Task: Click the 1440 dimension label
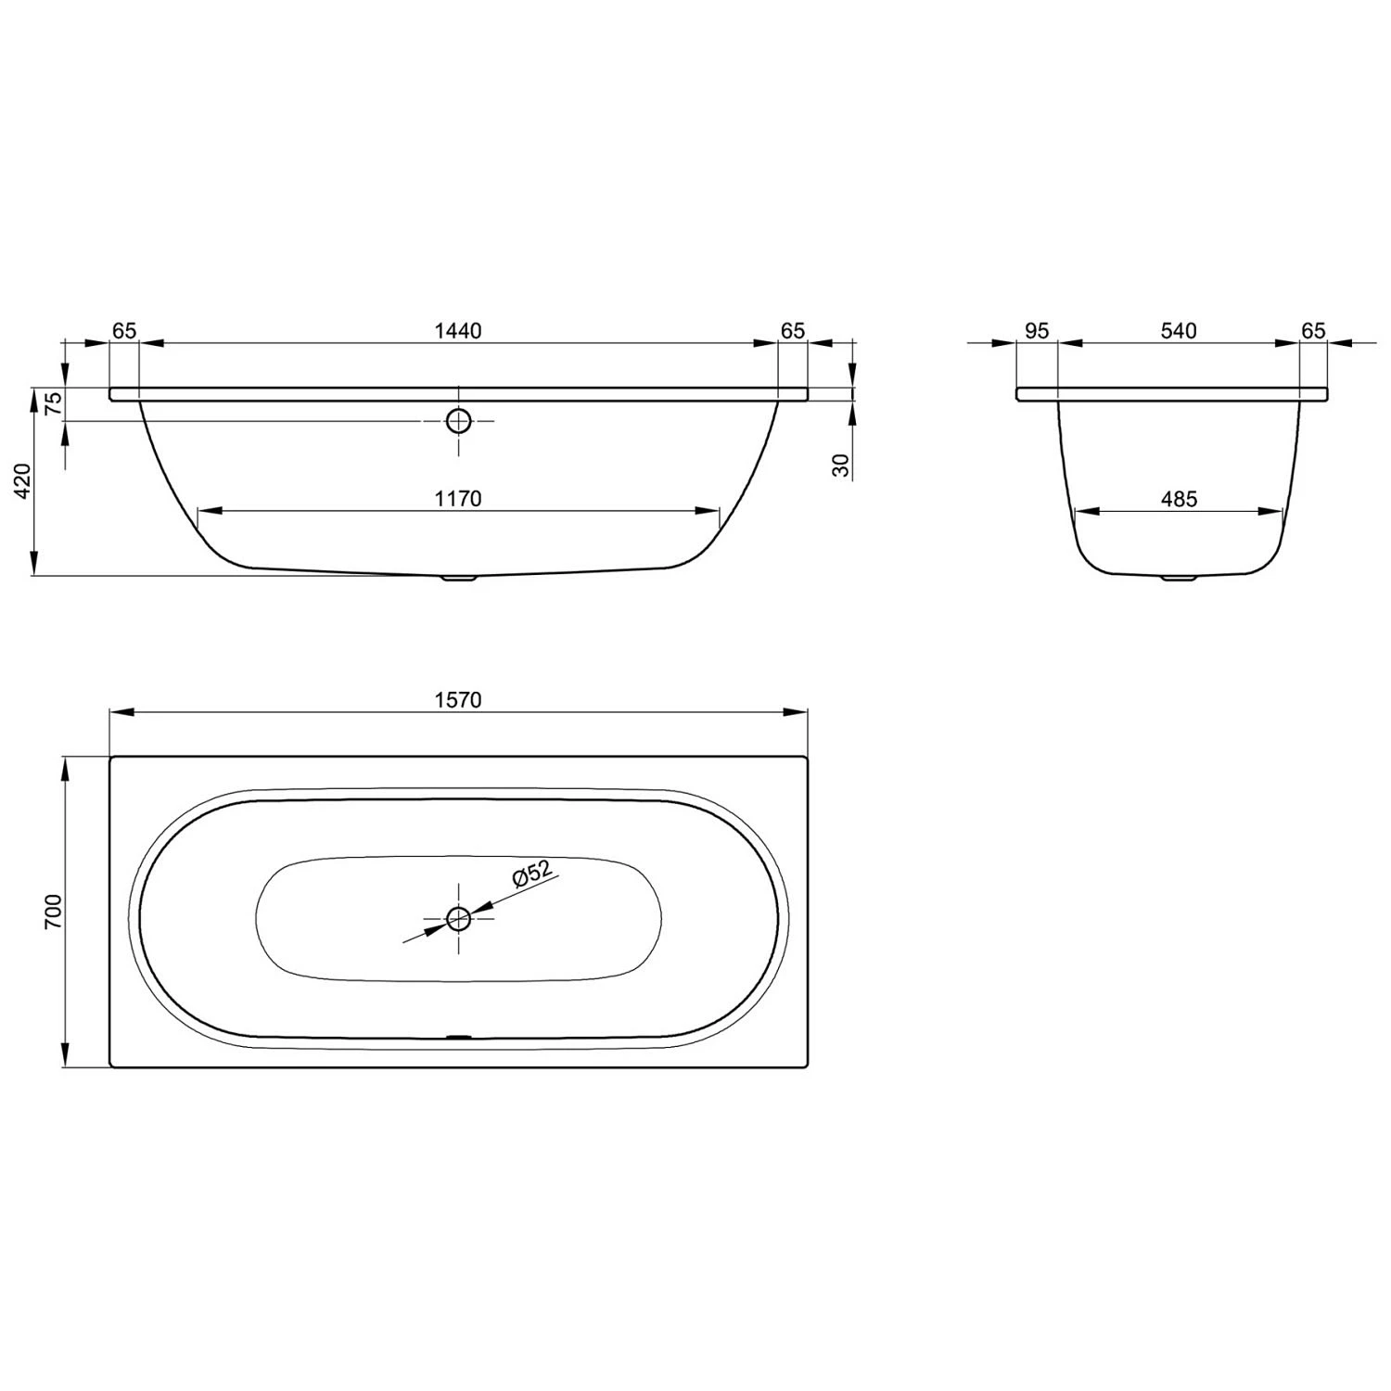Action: tap(458, 331)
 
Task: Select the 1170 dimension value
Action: tap(458, 499)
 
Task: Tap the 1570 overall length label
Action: tap(458, 700)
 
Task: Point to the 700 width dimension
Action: tap(53, 912)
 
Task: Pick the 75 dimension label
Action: tap(54, 402)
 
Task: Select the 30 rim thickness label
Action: tap(841, 465)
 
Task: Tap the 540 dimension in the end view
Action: tap(1179, 331)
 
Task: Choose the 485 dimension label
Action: tap(1179, 499)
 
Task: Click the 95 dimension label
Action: tap(1037, 331)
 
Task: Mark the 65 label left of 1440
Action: tap(124, 331)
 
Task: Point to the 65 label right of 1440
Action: tap(793, 331)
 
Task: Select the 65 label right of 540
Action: tap(1313, 331)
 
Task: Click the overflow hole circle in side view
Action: tap(458, 421)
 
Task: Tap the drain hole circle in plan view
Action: tap(458, 919)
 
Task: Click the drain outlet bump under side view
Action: tap(458, 579)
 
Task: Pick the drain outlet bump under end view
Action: tap(1179, 578)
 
